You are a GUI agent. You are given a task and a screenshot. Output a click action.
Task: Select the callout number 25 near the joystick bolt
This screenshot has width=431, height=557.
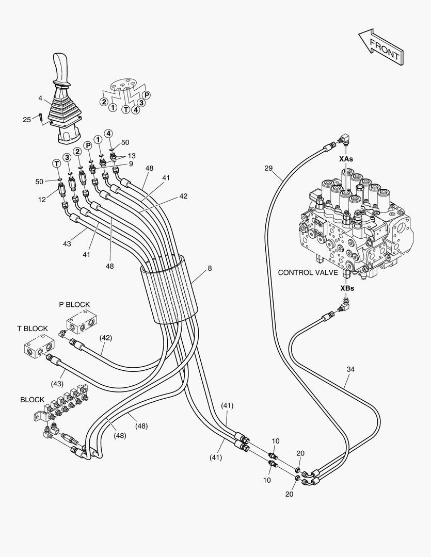27,119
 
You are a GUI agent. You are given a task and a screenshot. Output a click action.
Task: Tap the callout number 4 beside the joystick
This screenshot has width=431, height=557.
40,97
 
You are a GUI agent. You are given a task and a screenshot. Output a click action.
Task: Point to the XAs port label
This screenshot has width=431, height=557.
346,159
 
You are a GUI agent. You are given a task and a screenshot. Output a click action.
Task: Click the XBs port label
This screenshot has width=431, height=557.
347,288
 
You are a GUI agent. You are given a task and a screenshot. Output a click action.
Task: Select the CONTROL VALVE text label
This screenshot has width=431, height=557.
308,272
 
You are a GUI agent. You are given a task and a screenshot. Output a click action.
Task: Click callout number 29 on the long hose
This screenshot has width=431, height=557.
268,168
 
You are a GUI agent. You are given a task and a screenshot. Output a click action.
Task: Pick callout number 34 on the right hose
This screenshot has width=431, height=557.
350,369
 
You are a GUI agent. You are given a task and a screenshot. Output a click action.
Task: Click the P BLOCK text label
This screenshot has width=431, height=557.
74,305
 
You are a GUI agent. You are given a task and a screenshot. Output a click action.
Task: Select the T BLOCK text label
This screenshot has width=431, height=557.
33,329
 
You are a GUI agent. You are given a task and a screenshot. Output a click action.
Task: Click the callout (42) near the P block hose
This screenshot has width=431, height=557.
106,338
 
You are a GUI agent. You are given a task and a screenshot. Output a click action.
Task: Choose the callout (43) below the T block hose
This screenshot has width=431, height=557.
57,384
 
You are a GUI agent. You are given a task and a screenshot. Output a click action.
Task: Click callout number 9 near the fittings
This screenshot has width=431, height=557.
131,164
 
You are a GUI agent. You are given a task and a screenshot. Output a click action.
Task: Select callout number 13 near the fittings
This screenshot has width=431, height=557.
132,155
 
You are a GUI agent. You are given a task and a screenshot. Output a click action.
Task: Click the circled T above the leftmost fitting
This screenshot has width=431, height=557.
57,163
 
